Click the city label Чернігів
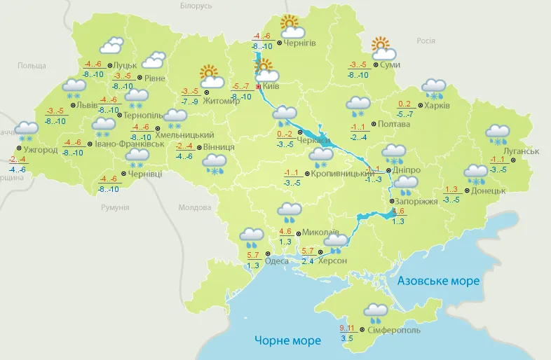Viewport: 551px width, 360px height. click(300, 43)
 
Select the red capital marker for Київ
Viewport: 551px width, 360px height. click(259, 87)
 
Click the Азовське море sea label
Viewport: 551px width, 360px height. click(438, 281)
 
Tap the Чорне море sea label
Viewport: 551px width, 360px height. click(287, 340)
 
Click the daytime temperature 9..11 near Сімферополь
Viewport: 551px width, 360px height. click(346, 328)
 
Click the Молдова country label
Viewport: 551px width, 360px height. click(194, 208)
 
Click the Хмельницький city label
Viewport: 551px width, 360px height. click(188, 134)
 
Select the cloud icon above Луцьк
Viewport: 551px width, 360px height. click(111, 47)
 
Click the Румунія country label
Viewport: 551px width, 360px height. click(115, 208)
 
